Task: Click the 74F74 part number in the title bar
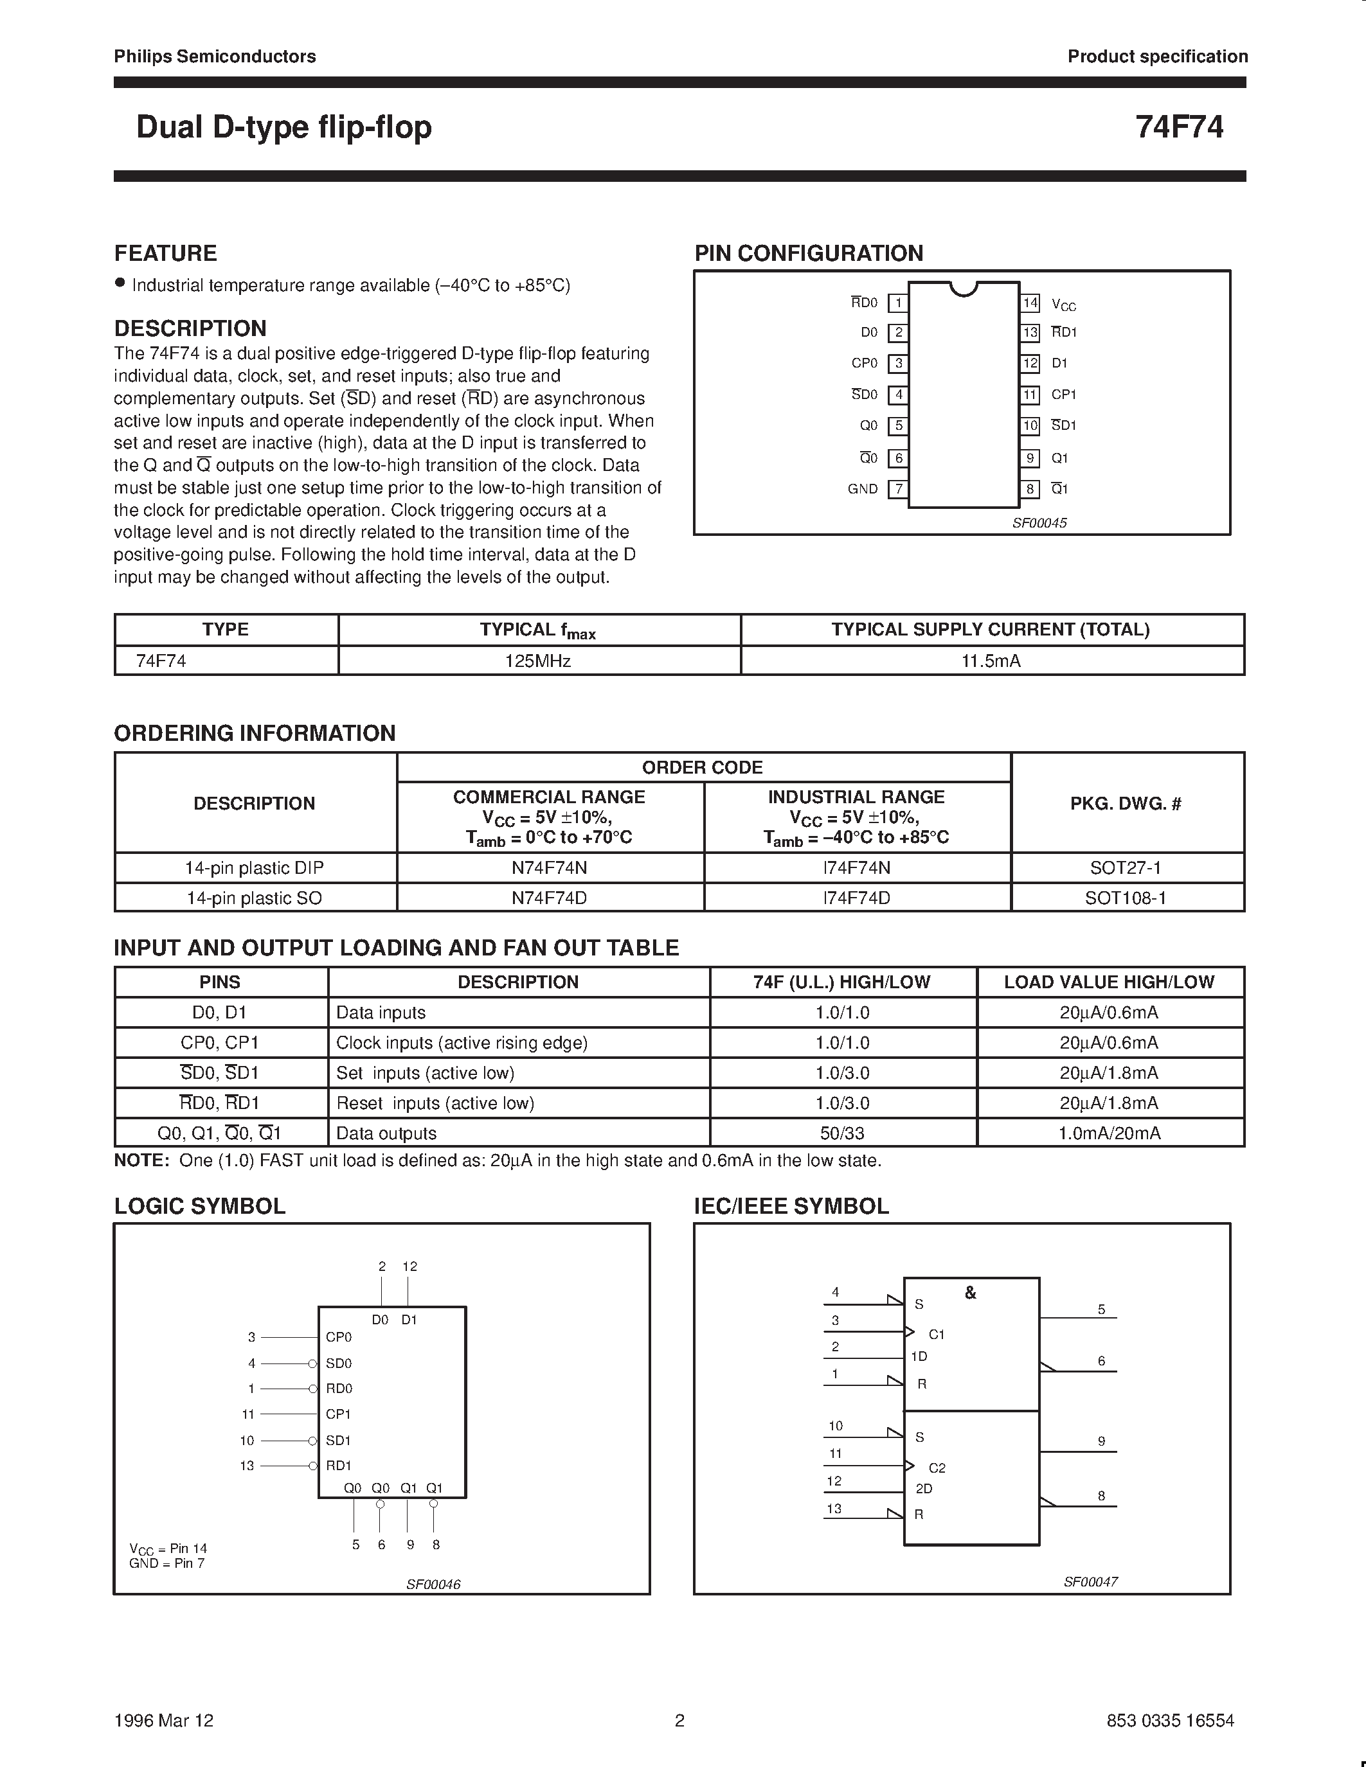(x=1178, y=127)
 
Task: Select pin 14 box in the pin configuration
(x=1029, y=303)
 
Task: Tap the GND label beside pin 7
(x=862, y=489)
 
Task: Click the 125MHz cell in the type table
(x=538, y=661)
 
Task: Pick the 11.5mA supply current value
(x=991, y=661)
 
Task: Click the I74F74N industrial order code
(x=856, y=867)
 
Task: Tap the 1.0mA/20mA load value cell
(x=1109, y=1133)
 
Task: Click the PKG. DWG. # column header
(x=1126, y=803)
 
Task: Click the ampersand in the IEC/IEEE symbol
(x=970, y=1293)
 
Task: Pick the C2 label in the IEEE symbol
(x=937, y=1468)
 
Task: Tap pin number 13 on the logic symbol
(x=247, y=1465)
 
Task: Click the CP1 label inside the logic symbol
(x=338, y=1414)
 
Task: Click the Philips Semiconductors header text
(x=215, y=57)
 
